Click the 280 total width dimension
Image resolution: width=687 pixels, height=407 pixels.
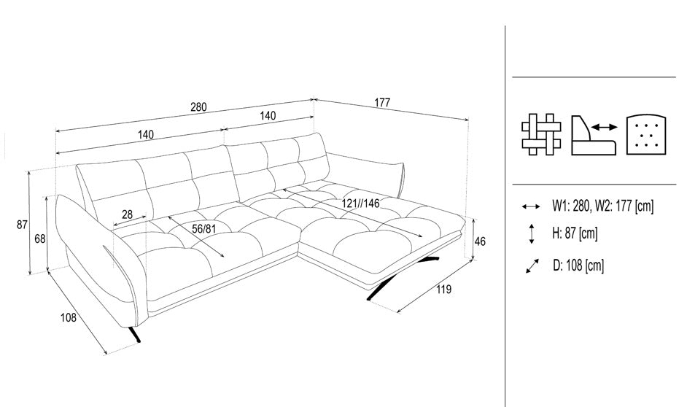(x=198, y=107)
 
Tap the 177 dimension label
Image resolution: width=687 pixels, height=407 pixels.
(x=382, y=103)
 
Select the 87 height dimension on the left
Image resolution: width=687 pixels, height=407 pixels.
(x=22, y=225)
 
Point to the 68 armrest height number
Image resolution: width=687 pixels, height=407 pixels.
(x=40, y=239)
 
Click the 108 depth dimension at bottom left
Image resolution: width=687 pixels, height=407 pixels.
(x=69, y=317)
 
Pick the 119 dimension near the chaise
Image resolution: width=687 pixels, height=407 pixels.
(x=444, y=289)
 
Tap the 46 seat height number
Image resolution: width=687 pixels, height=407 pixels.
(x=480, y=241)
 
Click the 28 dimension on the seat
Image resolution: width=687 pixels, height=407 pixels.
(x=127, y=214)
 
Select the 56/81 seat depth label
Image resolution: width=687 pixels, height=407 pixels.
(x=204, y=229)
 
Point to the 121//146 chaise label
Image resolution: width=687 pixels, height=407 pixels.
(x=360, y=204)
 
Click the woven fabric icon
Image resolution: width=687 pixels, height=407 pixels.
(x=541, y=134)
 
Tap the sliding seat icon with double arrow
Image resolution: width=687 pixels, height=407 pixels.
(x=594, y=135)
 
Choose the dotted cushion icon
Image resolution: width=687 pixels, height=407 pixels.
(x=647, y=135)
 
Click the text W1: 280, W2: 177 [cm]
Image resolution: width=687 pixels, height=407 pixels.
(x=602, y=206)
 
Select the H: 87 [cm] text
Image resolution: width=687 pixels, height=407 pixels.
(x=575, y=233)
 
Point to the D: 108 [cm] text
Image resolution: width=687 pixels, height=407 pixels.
(x=578, y=265)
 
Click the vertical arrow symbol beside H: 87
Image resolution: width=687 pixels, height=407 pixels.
(x=532, y=233)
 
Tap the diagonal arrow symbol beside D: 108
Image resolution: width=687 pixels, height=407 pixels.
(x=532, y=266)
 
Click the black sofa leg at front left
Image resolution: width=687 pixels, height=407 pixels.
(x=135, y=334)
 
